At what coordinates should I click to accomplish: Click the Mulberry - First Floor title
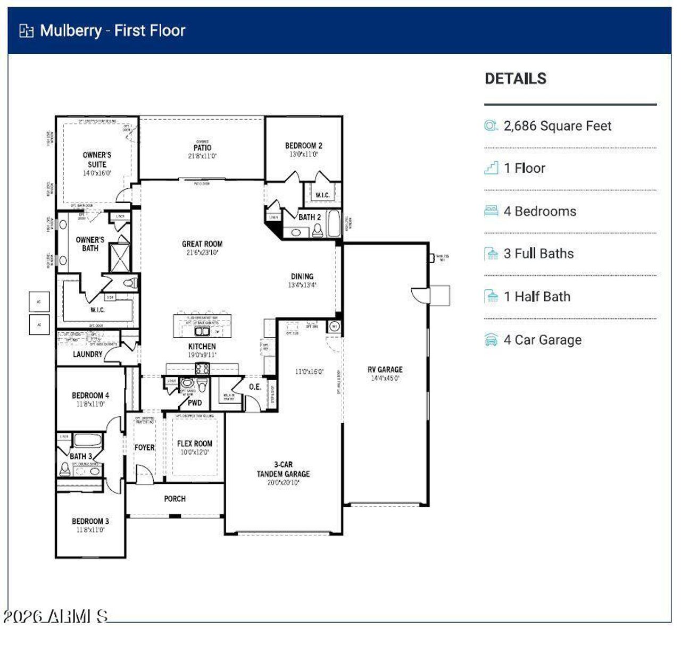112,30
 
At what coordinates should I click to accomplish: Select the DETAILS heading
515,79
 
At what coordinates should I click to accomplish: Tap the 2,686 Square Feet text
557,126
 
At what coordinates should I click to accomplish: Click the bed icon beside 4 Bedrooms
491,211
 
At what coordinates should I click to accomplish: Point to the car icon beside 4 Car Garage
491,340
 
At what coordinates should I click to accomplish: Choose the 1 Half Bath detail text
537,297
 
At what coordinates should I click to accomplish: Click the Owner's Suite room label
97,160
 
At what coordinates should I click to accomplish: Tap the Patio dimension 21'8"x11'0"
202,156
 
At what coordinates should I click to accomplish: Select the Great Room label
202,244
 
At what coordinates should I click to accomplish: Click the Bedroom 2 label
303,146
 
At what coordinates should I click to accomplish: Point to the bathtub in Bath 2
333,224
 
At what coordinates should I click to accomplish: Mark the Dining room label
302,277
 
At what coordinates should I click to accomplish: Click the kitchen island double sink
202,331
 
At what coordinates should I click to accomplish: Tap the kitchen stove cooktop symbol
202,368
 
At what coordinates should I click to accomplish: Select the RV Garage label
385,370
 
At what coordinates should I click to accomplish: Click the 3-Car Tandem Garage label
283,469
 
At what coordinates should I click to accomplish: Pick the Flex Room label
194,443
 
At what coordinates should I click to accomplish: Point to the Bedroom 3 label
90,521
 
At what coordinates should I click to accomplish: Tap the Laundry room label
87,354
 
